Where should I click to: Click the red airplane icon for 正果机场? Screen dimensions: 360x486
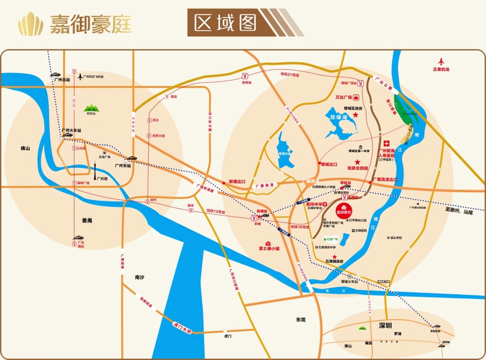[x=441, y=62]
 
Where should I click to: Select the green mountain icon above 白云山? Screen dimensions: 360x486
[x=90, y=108]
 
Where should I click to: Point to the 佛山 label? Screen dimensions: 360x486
[x=25, y=148]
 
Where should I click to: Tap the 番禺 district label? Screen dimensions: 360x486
[x=87, y=220]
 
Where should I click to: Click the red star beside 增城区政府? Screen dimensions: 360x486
[x=355, y=115]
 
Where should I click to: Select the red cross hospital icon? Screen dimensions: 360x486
[x=387, y=144]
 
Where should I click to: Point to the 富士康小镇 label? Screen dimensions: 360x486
[x=269, y=248]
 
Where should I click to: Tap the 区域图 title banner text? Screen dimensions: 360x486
[x=225, y=23]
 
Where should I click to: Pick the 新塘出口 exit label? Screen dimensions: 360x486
[x=238, y=182]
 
